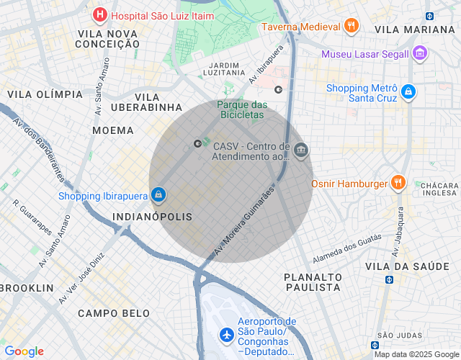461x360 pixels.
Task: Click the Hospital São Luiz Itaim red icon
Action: click(99, 14)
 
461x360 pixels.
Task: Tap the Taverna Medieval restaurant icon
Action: click(352, 27)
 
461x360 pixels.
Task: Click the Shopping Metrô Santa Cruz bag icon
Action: click(408, 92)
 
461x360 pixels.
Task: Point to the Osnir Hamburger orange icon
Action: click(397, 183)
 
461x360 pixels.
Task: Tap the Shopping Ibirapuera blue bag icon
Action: click(158, 194)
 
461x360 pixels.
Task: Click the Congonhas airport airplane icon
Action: click(227, 335)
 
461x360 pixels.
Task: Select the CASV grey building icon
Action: click(302, 150)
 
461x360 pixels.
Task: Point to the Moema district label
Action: click(113, 130)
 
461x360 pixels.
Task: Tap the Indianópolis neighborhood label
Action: click(153, 217)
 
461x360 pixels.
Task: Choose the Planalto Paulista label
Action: click(312, 282)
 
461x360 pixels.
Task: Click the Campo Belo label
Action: click(114, 313)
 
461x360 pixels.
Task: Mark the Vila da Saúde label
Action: click(407, 266)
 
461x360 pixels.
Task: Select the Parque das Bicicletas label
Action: click(241, 109)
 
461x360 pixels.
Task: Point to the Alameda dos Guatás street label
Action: click(346, 248)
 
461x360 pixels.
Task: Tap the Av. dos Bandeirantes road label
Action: click(39, 150)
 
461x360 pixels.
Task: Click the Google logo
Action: click(24, 351)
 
